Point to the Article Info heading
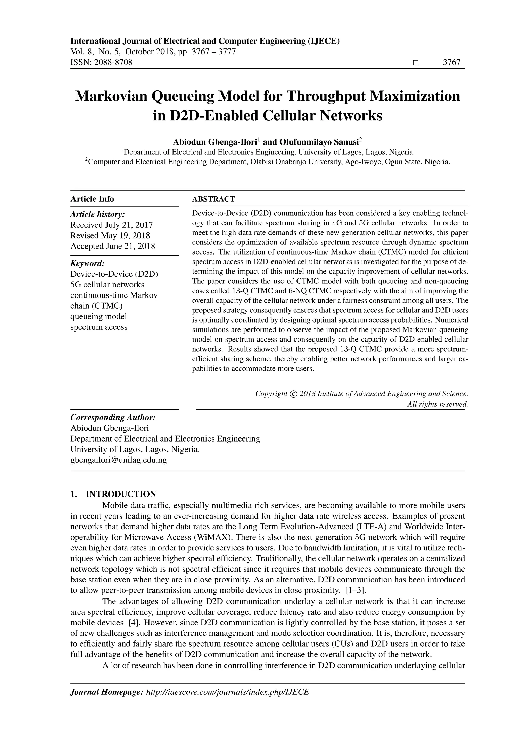click(92, 199)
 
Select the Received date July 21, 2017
click(128, 225)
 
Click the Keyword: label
click(87, 263)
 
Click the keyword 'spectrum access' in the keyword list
click(99, 327)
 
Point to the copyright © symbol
click(293, 394)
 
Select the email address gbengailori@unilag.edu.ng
click(119, 460)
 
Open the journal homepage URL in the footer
click(228, 692)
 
